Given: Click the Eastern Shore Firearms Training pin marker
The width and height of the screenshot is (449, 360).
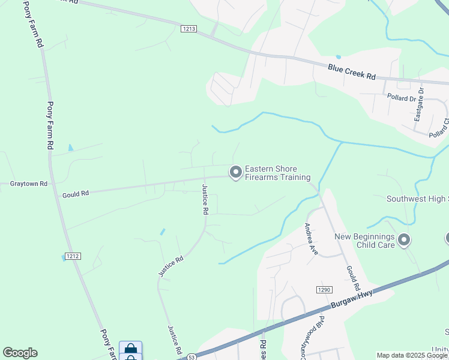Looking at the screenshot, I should pyautogui.click(x=236, y=172).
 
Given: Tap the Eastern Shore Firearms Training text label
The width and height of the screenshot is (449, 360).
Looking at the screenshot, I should pyautogui.click(x=277, y=173).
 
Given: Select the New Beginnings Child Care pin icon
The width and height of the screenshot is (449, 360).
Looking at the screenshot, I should pyautogui.click(x=404, y=240).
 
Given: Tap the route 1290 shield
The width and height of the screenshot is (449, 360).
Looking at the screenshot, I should pyautogui.click(x=324, y=290).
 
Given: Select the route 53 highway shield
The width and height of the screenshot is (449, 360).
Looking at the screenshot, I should pyautogui.click(x=190, y=356).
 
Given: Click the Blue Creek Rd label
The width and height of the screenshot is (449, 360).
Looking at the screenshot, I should pyautogui.click(x=351, y=73).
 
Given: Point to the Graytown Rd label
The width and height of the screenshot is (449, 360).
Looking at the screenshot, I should pyautogui.click(x=28, y=184).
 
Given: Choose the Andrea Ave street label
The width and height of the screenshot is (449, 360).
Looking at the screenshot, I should pyautogui.click(x=310, y=239).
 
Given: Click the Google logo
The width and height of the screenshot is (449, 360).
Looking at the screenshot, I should pyautogui.click(x=20, y=353).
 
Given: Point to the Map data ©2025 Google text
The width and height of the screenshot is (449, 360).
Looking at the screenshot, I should pyautogui.click(x=411, y=355).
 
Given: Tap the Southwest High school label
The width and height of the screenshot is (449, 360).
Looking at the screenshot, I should pyautogui.click(x=417, y=199).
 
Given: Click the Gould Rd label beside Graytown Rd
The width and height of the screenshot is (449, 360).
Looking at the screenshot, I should pyautogui.click(x=76, y=194).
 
